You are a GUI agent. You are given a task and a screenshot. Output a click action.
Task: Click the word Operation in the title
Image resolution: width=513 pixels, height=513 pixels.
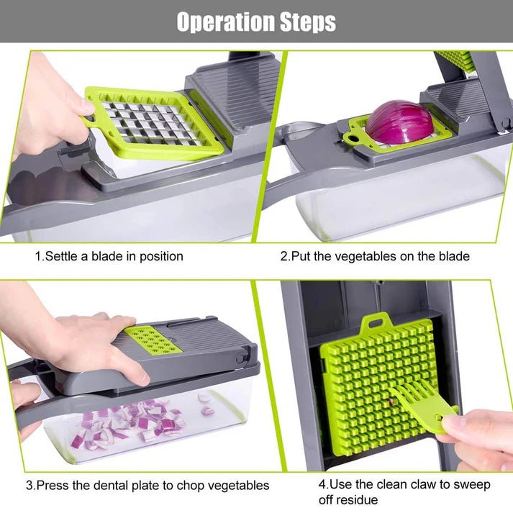[224, 22]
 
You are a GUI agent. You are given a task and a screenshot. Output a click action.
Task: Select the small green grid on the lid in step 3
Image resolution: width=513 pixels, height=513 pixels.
[151, 340]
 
